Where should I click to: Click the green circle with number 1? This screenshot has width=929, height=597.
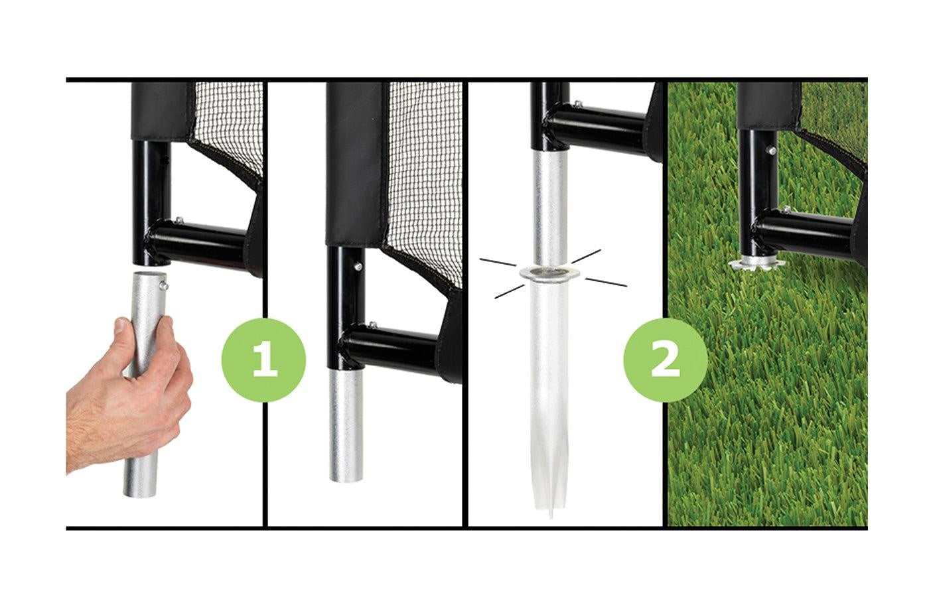click(x=264, y=360)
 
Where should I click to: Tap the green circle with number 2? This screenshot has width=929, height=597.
click(x=665, y=360)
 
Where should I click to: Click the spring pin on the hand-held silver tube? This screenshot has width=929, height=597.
click(x=165, y=285)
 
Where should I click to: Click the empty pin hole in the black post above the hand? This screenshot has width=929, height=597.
click(x=165, y=160)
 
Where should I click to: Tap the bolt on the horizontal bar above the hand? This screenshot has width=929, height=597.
click(x=179, y=220)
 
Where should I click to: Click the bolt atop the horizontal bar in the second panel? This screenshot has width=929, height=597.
click(x=372, y=324)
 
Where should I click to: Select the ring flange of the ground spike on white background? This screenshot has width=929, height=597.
click(x=548, y=273)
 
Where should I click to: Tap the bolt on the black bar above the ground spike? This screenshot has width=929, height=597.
click(x=577, y=103)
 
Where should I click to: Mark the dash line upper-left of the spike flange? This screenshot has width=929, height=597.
click(x=498, y=262)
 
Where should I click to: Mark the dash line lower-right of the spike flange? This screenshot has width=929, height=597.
click(x=606, y=282)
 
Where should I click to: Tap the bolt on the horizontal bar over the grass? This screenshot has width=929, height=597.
click(x=786, y=210)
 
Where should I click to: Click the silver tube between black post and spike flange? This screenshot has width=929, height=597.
click(x=549, y=207)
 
